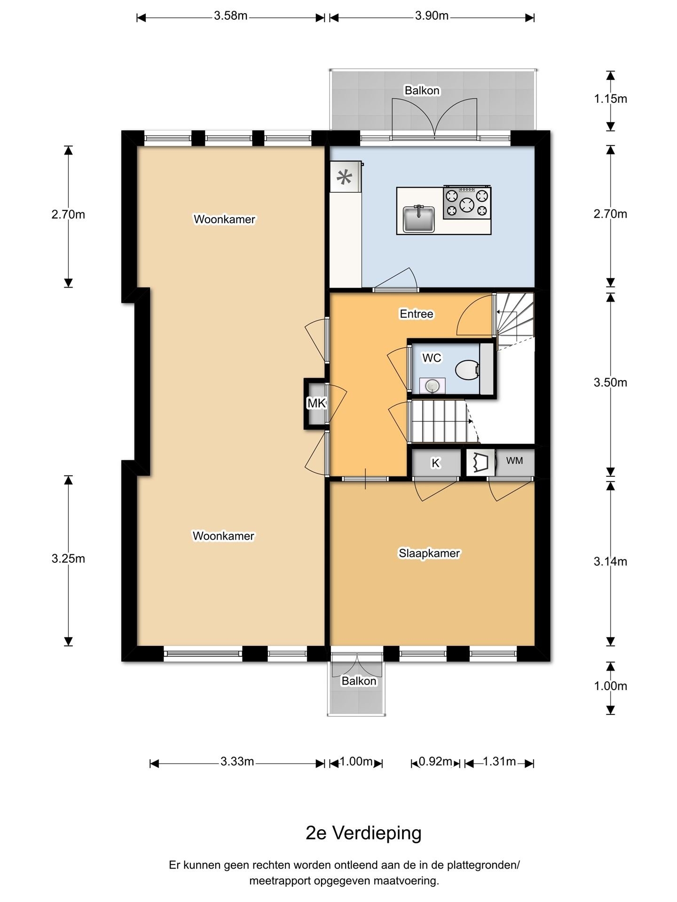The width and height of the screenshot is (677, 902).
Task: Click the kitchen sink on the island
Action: tap(418, 219)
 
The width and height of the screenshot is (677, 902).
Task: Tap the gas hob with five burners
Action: tap(467, 202)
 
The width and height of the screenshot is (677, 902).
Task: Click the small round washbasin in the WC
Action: tap(432, 386)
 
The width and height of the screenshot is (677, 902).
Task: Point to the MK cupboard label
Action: tap(316, 403)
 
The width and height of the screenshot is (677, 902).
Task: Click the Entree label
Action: tap(417, 314)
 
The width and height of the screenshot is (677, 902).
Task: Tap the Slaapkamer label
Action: tap(429, 553)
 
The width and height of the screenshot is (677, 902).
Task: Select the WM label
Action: tap(514, 461)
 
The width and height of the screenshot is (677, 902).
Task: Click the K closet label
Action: tap(436, 463)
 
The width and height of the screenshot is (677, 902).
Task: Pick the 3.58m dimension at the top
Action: tap(231, 16)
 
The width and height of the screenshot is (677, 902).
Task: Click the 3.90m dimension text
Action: tap(432, 16)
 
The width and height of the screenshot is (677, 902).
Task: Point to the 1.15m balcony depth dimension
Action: tap(610, 99)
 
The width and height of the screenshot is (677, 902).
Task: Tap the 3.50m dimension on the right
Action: tap(610, 383)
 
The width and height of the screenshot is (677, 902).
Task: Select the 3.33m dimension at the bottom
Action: tap(237, 762)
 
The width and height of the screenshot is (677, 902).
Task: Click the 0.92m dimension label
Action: tap(436, 762)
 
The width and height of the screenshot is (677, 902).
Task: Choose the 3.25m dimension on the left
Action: tap(68, 559)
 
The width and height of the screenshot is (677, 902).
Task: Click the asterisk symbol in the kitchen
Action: tap(345, 178)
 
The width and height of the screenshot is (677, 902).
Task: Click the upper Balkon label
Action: tap(422, 91)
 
